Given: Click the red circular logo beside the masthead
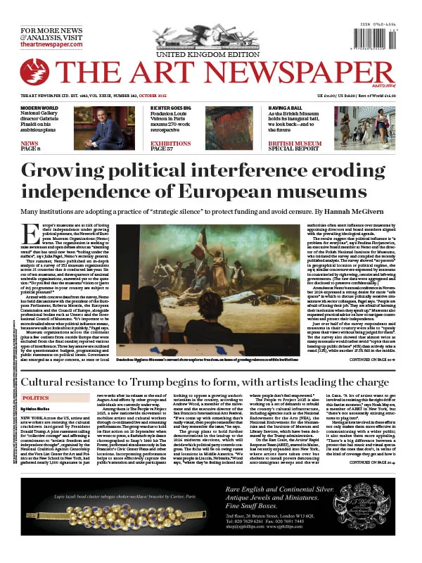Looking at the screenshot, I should (34, 72).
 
